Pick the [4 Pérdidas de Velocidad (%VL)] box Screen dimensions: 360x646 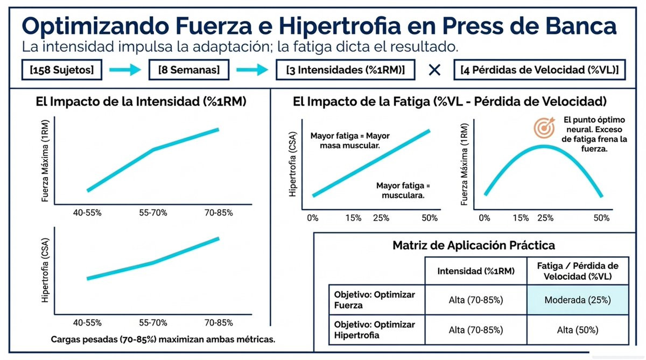pos(539,70)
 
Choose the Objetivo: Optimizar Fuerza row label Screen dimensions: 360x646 pos(375,300)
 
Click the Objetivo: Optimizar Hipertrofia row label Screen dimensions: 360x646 pos(375,330)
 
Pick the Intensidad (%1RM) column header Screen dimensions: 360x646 pos(475,271)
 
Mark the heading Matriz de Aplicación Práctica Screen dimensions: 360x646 pos(474,246)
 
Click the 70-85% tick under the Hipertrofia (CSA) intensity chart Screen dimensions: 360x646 pos(218,323)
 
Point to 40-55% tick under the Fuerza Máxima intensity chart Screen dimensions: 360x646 pos(87,213)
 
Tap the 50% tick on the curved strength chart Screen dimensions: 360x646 pos(601,218)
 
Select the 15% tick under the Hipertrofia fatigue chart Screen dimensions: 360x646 pos(353,218)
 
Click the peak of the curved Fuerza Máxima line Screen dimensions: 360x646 pos(544,146)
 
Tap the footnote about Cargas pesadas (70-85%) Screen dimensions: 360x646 pos(163,340)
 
